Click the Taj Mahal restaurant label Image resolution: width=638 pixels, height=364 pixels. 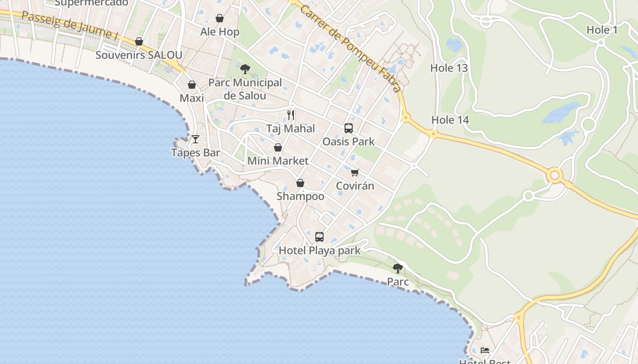click(290, 129)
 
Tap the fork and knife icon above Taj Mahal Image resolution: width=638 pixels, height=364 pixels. click(291, 115)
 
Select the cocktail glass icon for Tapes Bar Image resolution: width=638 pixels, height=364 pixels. click(196, 139)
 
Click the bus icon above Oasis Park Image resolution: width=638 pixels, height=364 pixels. click(349, 128)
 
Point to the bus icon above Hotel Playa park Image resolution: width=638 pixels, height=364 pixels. click(319, 237)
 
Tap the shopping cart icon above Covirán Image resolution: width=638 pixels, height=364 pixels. click(355, 172)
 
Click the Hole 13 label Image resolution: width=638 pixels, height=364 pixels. click(449, 68)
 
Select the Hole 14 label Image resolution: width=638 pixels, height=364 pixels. click(450, 120)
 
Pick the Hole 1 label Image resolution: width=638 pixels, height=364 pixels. click(602, 30)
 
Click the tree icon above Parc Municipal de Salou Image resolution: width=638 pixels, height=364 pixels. click(245, 69)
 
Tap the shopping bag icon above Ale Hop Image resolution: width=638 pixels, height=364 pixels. click(220, 18)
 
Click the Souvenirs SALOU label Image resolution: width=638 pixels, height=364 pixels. click(139, 56)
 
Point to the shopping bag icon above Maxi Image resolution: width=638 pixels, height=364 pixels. click(192, 85)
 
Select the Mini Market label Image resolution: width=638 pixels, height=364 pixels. click(278, 161)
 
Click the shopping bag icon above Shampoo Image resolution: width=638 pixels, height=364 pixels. click(300, 183)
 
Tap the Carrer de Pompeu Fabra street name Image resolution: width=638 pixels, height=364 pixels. click(351, 45)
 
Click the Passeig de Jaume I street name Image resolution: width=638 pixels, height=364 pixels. click(67, 25)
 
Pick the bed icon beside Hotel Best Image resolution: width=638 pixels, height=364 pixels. click(485, 350)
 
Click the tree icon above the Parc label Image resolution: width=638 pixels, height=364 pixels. click(398, 268)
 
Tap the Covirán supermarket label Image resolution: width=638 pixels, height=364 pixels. click(355, 186)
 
